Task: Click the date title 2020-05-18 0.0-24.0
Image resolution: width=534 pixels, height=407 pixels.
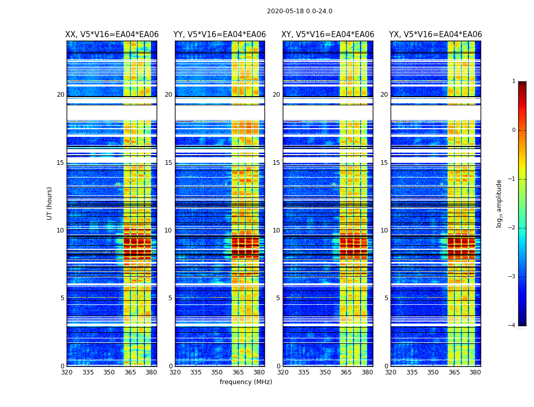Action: point(300,11)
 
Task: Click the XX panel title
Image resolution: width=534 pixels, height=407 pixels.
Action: point(112,35)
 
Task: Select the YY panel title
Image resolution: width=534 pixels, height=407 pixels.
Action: point(220,35)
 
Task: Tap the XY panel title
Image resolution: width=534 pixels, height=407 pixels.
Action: point(328,35)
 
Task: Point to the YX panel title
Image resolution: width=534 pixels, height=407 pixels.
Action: point(435,35)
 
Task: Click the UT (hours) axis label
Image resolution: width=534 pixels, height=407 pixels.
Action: point(50,203)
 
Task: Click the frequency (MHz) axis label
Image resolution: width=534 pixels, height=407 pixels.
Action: point(246,382)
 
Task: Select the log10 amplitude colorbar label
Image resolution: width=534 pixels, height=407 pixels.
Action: point(499,203)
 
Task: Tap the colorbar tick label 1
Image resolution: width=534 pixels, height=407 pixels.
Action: point(514,81)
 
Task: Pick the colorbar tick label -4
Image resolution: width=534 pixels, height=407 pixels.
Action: point(512,326)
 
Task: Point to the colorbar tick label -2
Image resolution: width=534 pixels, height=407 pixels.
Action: point(512,228)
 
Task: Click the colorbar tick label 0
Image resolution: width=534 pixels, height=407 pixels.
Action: point(514,130)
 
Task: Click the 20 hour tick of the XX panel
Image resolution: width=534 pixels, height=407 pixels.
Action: point(61,95)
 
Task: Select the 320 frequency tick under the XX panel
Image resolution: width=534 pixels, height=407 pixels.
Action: point(67,372)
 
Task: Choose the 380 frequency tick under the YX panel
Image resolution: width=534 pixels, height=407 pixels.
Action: point(475,372)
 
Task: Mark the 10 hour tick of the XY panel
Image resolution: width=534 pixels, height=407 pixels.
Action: point(277,230)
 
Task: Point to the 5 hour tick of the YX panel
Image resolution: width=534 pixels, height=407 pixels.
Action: point(387,298)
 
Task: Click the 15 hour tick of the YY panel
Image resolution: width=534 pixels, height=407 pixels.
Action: point(169,163)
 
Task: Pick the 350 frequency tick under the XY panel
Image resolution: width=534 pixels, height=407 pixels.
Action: point(325,372)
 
